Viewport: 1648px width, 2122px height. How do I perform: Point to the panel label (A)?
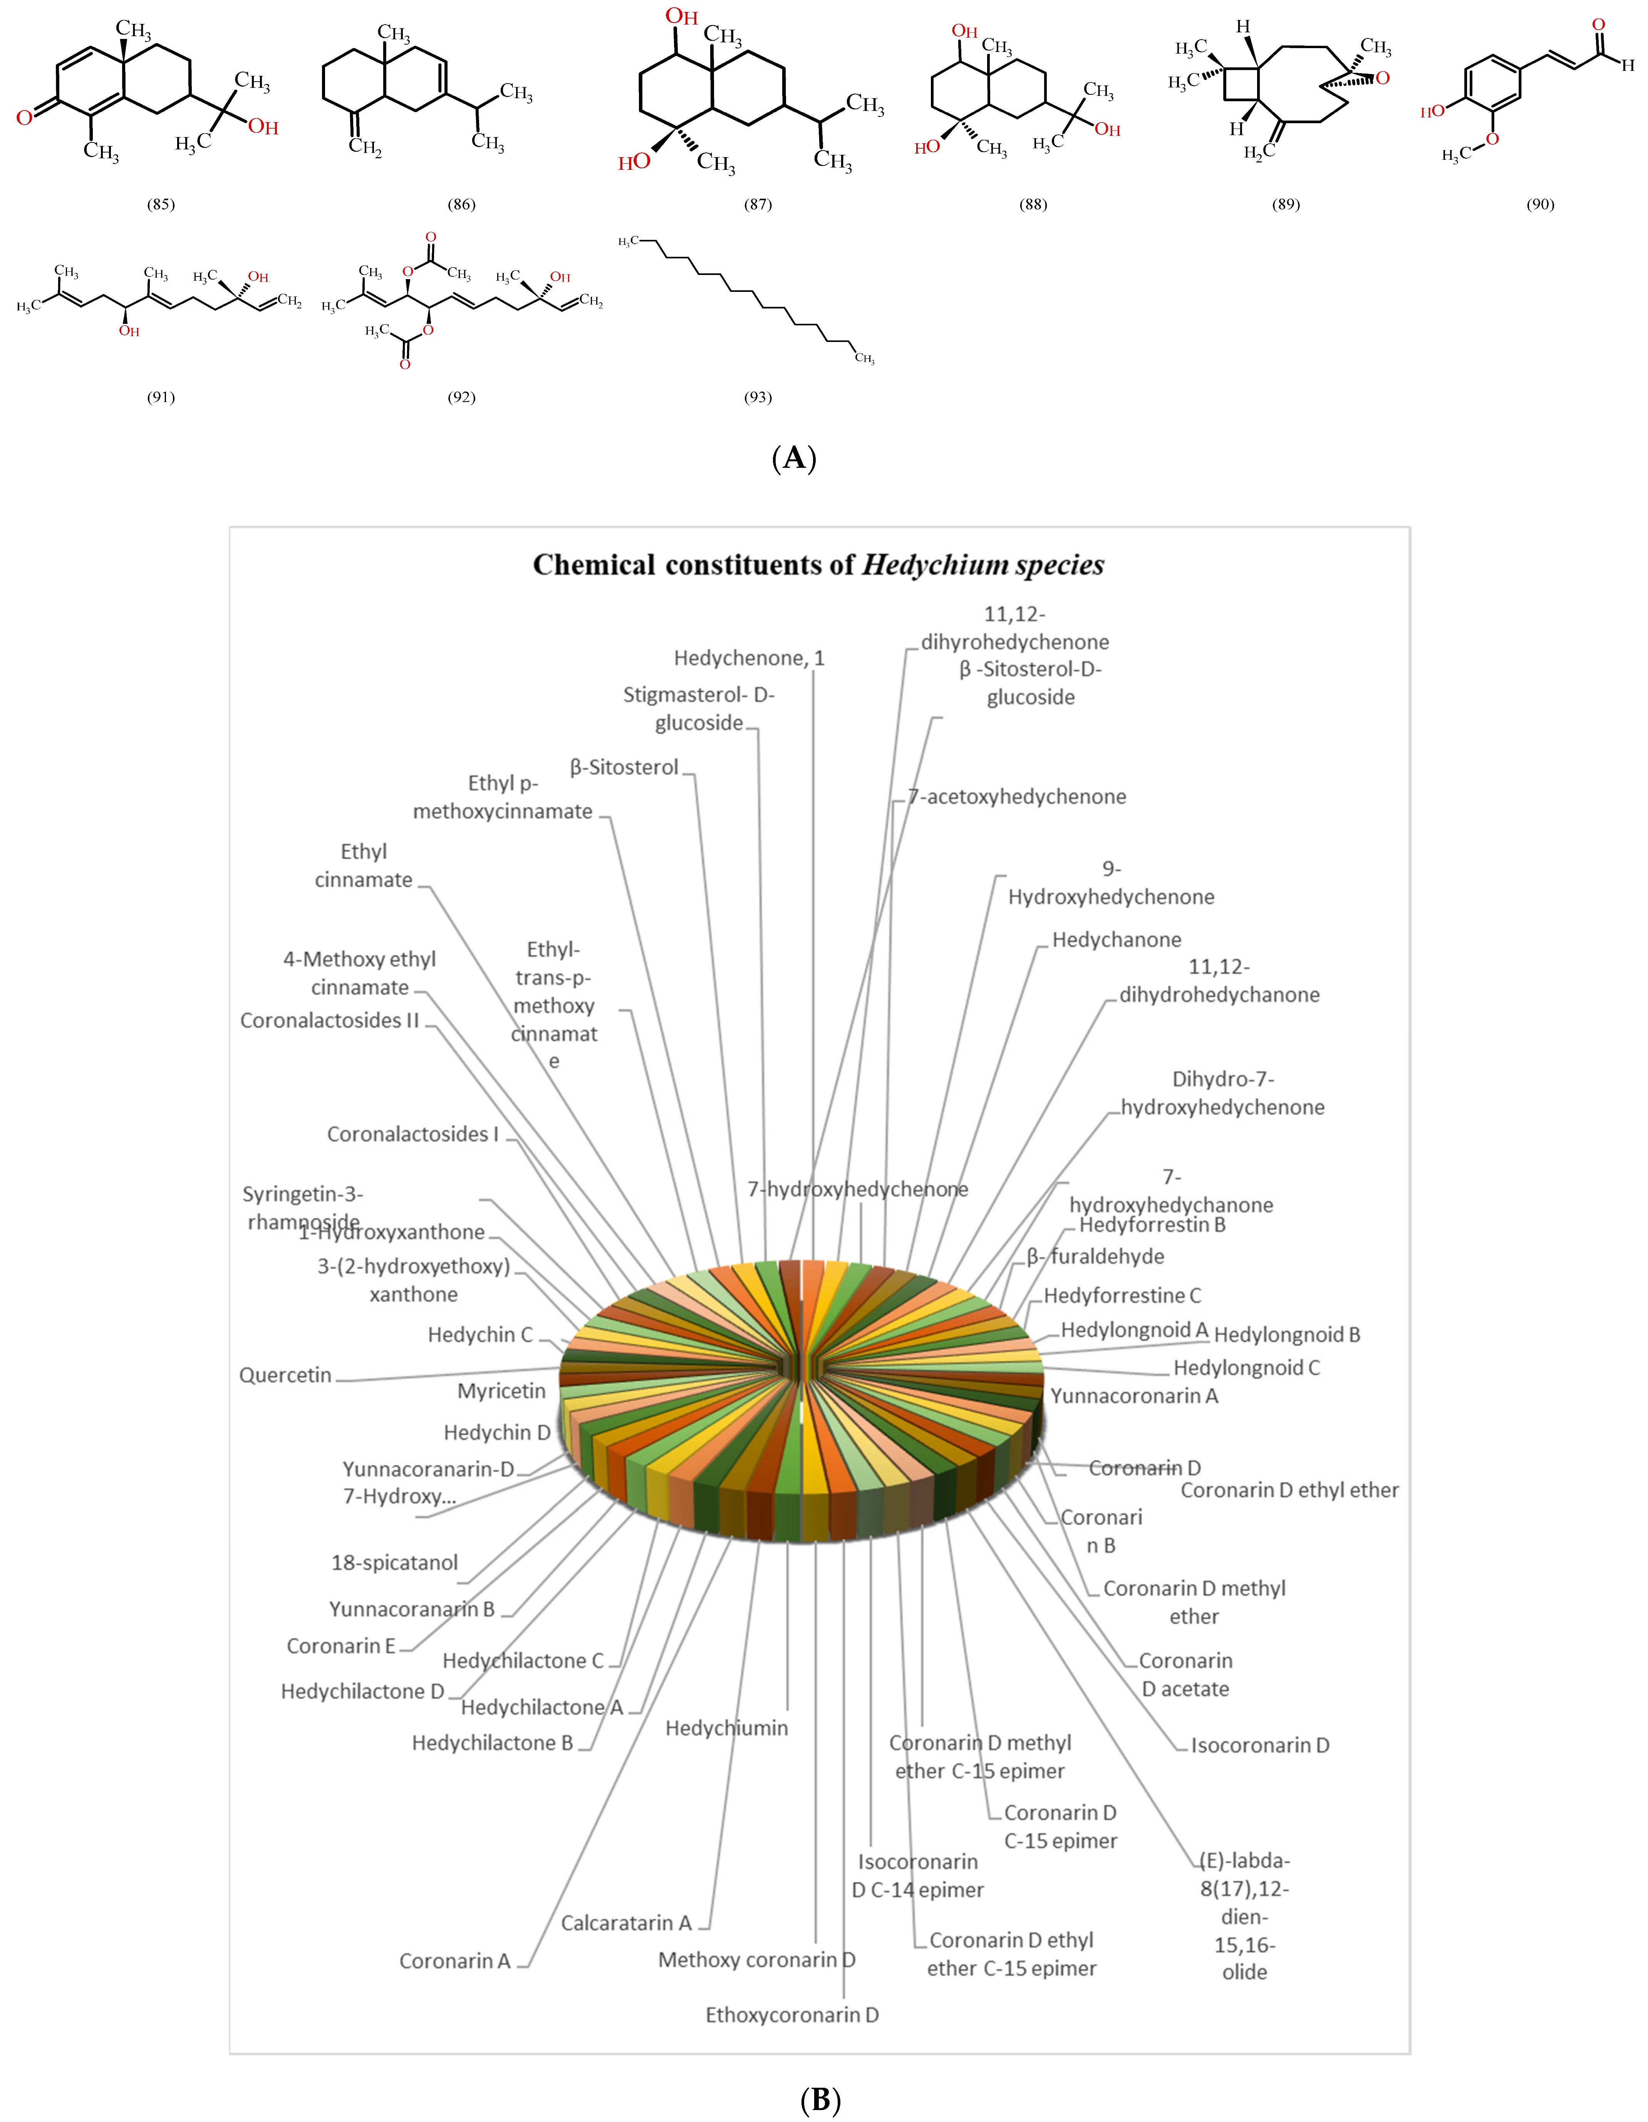point(794,457)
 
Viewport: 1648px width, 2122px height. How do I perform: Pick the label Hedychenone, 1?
point(749,658)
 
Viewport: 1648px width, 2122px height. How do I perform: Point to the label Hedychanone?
point(1117,940)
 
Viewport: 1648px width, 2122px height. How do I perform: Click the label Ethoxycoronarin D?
point(792,2015)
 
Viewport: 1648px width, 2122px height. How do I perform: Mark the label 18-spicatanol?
point(394,1563)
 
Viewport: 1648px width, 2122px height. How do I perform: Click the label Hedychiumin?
point(727,1728)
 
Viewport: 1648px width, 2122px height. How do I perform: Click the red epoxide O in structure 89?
point(1383,78)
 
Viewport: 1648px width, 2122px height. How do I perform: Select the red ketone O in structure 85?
point(24,117)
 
